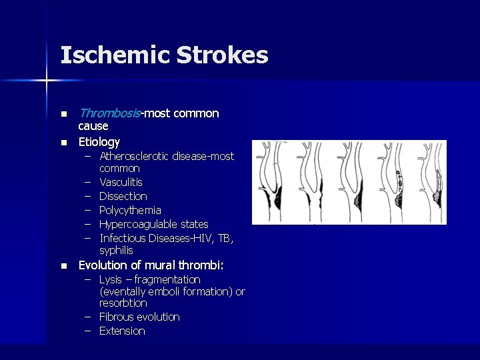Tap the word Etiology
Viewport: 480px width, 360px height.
[x=99, y=141]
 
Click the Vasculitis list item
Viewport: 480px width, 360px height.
[x=121, y=182]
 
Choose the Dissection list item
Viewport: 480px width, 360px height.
[x=123, y=196]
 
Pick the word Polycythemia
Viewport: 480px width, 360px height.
[x=130, y=210]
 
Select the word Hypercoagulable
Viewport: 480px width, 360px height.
[x=137, y=224]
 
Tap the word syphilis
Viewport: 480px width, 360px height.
[x=116, y=251]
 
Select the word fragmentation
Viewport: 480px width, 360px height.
[x=170, y=279]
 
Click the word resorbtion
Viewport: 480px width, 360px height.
[x=123, y=303]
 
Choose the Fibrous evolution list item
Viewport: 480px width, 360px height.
[x=139, y=317]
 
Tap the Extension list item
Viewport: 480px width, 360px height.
[x=122, y=331]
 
